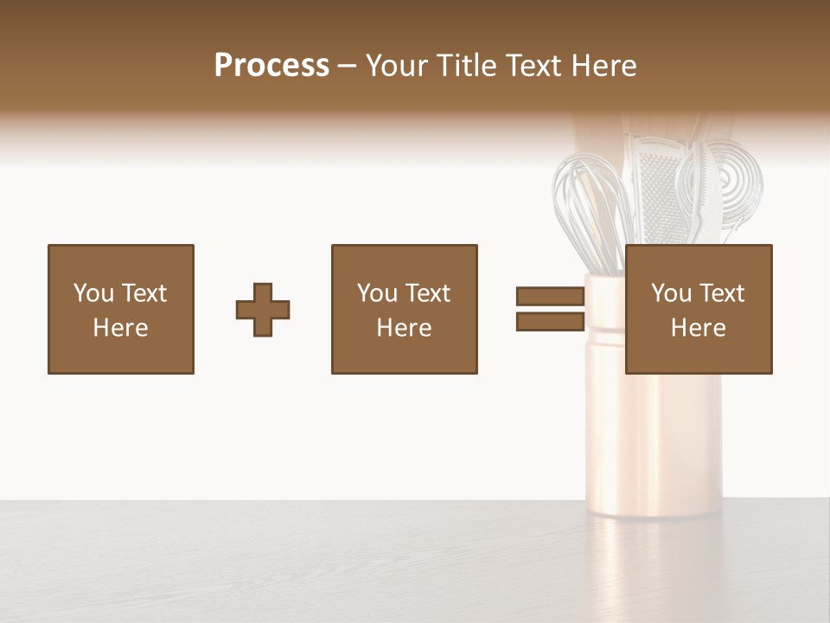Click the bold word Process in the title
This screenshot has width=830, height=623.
pyautogui.click(x=271, y=66)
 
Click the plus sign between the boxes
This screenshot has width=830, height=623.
pyautogui.click(x=263, y=310)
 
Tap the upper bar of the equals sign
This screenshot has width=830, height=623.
pyautogui.click(x=550, y=296)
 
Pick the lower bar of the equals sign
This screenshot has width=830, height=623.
pyautogui.click(x=550, y=322)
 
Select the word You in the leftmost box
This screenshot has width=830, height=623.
pyautogui.click(x=93, y=293)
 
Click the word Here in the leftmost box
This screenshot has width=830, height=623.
pyautogui.click(x=120, y=328)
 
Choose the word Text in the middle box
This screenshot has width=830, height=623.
pyautogui.click(x=427, y=293)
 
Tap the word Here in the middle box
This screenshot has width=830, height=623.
pyautogui.click(x=404, y=328)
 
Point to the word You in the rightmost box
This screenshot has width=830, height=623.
pyautogui.click(x=671, y=293)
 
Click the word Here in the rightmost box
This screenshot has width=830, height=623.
pyautogui.click(x=698, y=328)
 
